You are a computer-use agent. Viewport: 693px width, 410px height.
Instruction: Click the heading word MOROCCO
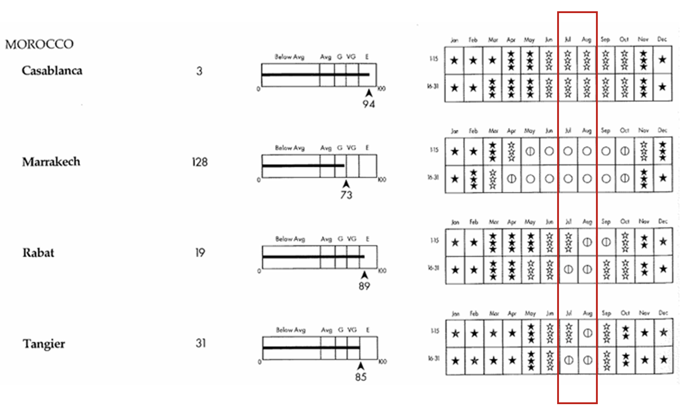pos(39,44)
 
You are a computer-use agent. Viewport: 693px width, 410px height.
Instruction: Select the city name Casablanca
pos(52,71)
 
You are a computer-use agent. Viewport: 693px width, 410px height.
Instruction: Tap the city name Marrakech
pos(51,162)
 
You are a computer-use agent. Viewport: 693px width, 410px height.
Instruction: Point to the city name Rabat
pos(38,253)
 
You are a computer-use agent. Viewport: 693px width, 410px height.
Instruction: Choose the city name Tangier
pos(44,344)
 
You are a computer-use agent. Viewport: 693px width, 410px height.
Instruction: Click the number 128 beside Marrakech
pos(200,162)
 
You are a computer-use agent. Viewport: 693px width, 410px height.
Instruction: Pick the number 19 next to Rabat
pos(200,253)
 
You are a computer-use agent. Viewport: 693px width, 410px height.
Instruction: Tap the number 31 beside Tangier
pos(200,343)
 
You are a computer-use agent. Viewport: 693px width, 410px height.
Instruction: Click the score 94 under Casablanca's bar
pos(368,104)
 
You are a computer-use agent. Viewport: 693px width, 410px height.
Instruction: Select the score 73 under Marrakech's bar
pos(346,195)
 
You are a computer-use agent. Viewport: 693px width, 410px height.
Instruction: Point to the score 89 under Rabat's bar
pos(364,286)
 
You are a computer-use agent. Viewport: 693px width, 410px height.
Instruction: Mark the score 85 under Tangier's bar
pos(361,377)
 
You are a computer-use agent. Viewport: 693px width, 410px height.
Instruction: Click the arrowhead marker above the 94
pos(369,93)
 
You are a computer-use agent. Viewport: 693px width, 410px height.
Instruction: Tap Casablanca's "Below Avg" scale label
pos(289,57)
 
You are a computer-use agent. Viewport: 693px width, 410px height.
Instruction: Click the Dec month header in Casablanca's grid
pos(662,39)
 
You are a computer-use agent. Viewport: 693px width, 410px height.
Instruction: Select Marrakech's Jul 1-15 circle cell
pos(568,151)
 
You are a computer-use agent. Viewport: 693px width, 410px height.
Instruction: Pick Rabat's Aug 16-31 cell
pos(587,270)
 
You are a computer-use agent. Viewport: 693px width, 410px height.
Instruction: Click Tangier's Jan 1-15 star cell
pos(456,333)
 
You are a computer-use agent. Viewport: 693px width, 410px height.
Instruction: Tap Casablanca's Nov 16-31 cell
pos(643,88)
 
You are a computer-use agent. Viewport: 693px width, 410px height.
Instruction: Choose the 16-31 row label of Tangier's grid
pos(433,359)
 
